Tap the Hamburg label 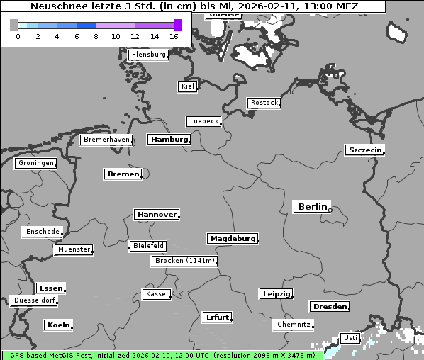(169, 140)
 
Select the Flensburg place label (148, 55)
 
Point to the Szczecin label (364, 150)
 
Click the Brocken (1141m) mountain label (184, 261)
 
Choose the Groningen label (35, 163)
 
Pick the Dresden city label (329, 307)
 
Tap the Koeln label (58, 325)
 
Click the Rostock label (264, 103)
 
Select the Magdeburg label (232, 239)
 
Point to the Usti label (350, 338)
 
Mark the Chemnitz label (293, 325)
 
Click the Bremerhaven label (106, 140)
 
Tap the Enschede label (42, 232)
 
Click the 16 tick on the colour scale (174, 36)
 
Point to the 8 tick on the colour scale (96, 36)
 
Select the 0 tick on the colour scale (18, 36)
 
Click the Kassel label (157, 294)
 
